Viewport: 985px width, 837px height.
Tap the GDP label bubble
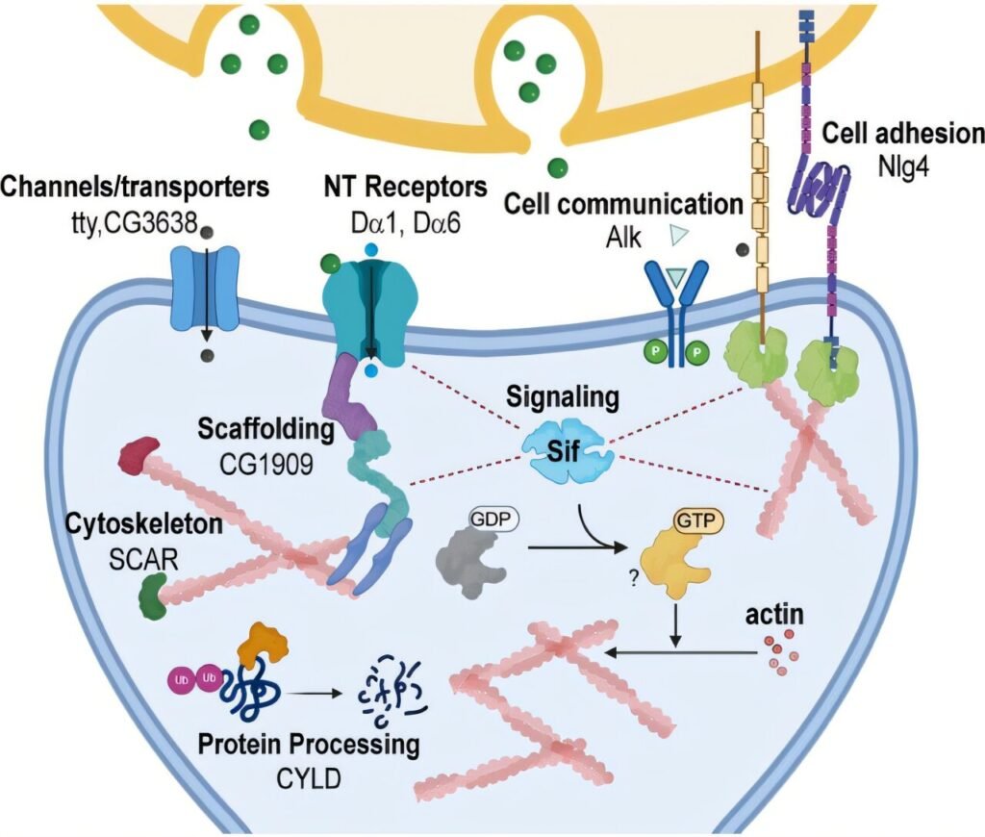[x=492, y=519]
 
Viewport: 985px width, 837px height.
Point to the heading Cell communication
[x=624, y=204]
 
